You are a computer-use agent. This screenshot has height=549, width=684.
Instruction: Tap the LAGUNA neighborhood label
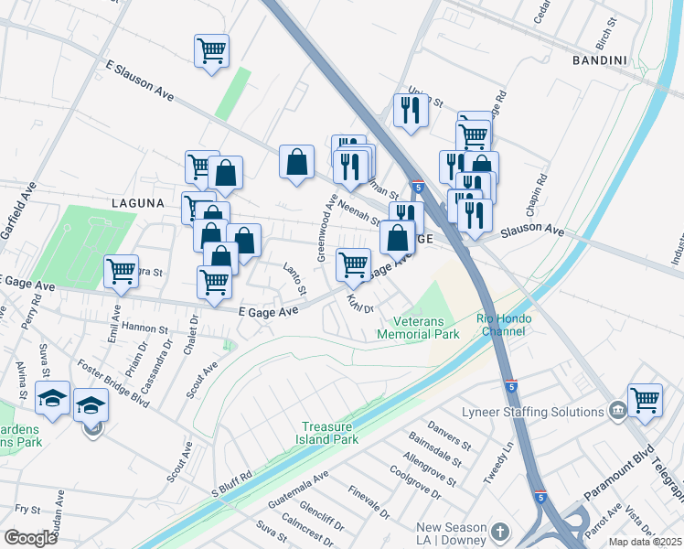(140, 203)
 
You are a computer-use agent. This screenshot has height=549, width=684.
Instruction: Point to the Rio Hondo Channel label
(500, 324)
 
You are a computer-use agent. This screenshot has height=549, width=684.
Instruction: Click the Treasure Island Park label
(341, 434)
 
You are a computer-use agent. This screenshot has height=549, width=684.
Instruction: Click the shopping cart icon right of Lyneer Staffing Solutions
(646, 401)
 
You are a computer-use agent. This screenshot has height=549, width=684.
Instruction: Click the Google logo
(30, 537)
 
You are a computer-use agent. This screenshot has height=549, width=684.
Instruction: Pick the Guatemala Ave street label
(298, 491)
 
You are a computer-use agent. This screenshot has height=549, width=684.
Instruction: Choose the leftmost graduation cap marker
(52, 398)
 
